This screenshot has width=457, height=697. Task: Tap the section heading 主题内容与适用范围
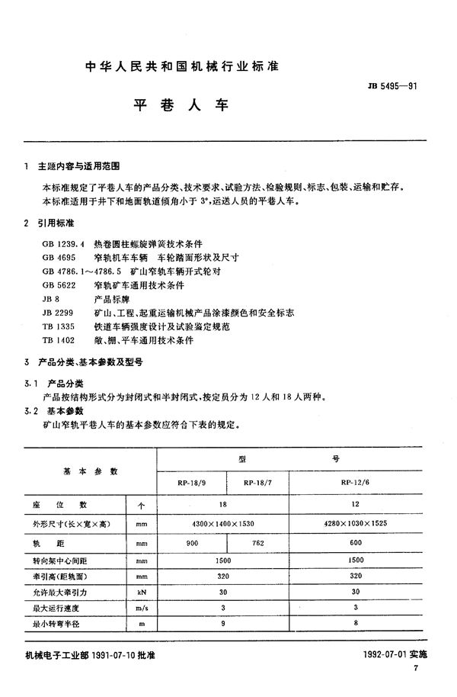tap(81, 165)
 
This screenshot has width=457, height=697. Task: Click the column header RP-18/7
tap(260, 483)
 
